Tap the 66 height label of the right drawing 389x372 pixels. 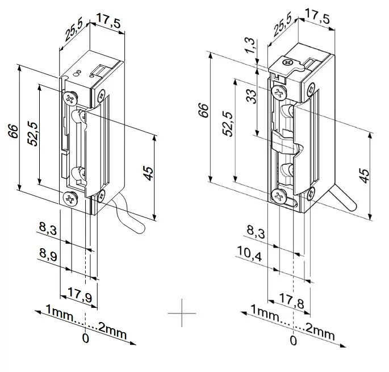(204, 110)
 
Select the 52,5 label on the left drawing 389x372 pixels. (34, 133)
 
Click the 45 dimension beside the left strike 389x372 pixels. (148, 173)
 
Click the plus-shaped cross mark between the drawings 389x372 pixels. (182, 313)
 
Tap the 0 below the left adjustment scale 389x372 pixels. (85, 338)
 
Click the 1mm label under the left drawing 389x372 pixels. (59, 314)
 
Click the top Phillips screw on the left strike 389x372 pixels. (70, 98)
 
